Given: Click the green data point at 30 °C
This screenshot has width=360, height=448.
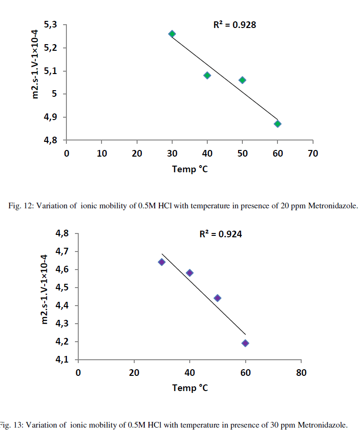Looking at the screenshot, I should pos(172,34).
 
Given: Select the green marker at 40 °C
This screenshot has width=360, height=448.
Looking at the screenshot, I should pos(207,75).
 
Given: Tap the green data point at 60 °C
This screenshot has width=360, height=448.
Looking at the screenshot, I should pos(277,124).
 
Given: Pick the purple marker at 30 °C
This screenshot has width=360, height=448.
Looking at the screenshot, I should pos(162,262).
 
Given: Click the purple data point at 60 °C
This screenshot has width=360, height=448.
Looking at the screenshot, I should pos(245,343).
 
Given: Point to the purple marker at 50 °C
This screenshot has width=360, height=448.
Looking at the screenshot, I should pos(217,298).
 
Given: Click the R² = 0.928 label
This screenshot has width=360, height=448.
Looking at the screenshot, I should pos(234,25).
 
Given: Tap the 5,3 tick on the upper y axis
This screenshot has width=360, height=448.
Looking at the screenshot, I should pos(51,25).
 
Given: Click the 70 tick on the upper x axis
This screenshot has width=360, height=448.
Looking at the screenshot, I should pos(313,153).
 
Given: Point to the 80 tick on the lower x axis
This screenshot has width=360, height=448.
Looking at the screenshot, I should pos(301,373).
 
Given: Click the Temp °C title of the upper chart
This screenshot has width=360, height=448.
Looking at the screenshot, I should pos(190,169).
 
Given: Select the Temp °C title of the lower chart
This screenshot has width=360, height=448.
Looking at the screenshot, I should pos(190,388).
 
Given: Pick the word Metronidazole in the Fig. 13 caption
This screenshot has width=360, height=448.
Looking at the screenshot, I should pos(324,425).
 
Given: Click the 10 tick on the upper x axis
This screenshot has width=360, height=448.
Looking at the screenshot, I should pos(102,153).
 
